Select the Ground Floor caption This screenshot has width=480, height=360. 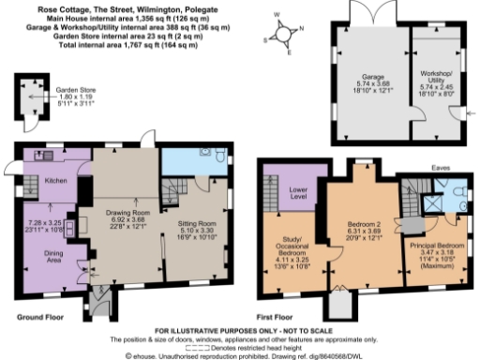pyautogui.click(x=41, y=319)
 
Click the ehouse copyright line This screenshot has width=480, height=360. pyautogui.click(x=240, y=356)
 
